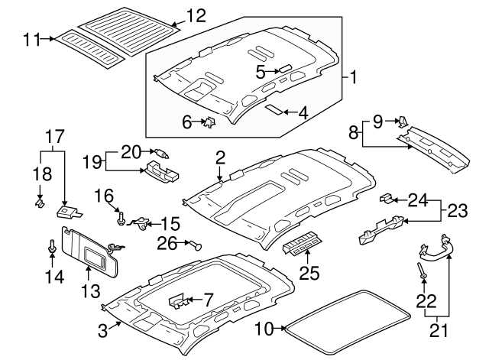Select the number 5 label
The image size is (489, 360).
pyautogui.click(x=261, y=72)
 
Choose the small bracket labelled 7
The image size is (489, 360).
pyautogui.click(x=178, y=300)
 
